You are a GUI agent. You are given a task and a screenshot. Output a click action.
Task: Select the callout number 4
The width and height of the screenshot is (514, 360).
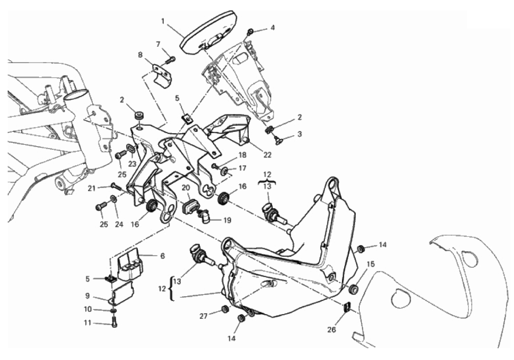272,28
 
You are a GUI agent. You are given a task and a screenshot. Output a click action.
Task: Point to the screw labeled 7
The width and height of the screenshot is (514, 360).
172,59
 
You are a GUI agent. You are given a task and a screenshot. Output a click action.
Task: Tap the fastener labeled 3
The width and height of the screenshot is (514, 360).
276,139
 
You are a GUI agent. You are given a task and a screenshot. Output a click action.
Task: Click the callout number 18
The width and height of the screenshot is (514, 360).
241,155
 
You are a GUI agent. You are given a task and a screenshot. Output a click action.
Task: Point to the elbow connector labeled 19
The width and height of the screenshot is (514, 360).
204,214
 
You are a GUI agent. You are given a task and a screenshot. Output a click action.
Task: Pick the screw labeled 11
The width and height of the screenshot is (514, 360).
115,321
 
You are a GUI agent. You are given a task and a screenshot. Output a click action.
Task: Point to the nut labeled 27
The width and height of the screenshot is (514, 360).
225,309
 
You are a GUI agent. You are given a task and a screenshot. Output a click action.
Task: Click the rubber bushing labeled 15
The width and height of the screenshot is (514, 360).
354,288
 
